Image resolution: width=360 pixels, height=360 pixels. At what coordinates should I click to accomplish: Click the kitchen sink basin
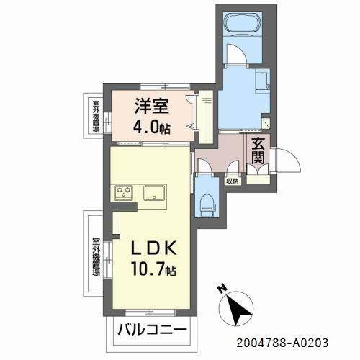point(154,192)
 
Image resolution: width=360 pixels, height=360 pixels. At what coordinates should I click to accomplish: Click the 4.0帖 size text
point(151,130)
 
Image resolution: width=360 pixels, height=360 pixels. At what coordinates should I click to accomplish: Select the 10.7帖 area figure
point(153,271)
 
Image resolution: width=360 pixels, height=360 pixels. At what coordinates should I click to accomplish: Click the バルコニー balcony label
point(153,333)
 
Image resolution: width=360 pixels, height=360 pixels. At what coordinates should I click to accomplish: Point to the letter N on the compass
point(222,289)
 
